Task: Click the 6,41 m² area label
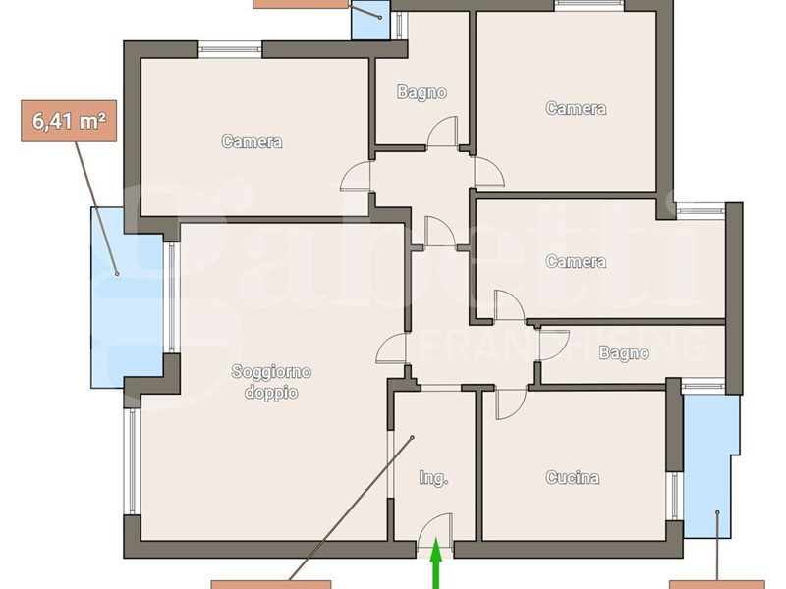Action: click(x=69, y=121)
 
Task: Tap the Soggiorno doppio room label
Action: click(x=271, y=382)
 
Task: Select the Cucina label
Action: click(x=573, y=477)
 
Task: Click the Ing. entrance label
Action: click(x=433, y=478)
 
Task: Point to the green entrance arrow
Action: click(x=436, y=562)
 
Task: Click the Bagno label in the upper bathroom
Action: click(x=421, y=92)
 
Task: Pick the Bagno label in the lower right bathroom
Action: click(x=624, y=353)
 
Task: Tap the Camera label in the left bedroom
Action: click(x=252, y=141)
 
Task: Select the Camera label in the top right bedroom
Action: click(x=576, y=108)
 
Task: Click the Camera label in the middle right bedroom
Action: click(x=576, y=261)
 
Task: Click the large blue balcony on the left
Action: click(x=127, y=297)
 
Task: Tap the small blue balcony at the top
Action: click(x=371, y=20)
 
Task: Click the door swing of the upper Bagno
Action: click(x=442, y=132)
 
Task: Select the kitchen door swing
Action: click(x=511, y=403)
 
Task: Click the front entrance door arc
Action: click(x=435, y=527)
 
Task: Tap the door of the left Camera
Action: click(x=356, y=177)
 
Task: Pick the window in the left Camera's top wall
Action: click(x=230, y=50)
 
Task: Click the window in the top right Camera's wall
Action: click(x=589, y=5)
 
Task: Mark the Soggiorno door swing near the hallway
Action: click(x=390, y=348)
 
